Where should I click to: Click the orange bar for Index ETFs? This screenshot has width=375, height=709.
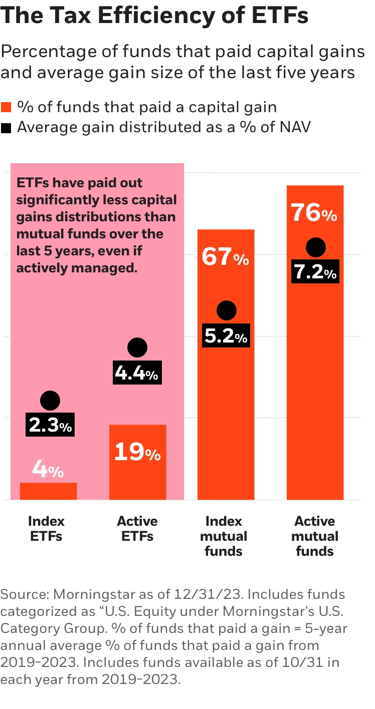(48, 491)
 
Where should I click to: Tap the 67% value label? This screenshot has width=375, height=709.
(226, 258)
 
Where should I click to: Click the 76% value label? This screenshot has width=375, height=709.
(314, 214)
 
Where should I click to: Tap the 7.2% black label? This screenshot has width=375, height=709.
(315, 273)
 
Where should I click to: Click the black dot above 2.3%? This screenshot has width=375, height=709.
(50, 401)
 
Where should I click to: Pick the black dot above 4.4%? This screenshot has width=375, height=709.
(137, 347)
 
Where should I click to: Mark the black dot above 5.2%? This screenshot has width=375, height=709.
(226, 311)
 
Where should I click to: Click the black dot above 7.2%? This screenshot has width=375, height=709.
(315, 247)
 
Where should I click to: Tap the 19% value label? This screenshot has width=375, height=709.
(137, 453)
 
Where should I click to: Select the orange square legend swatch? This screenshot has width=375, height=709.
(6, 107)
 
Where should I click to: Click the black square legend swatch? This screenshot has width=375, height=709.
(6, 128)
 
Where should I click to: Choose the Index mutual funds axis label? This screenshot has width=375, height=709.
(224, 536)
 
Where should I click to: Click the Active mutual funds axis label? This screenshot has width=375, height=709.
(314, 536)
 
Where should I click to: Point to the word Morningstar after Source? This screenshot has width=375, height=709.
(90, 594)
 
